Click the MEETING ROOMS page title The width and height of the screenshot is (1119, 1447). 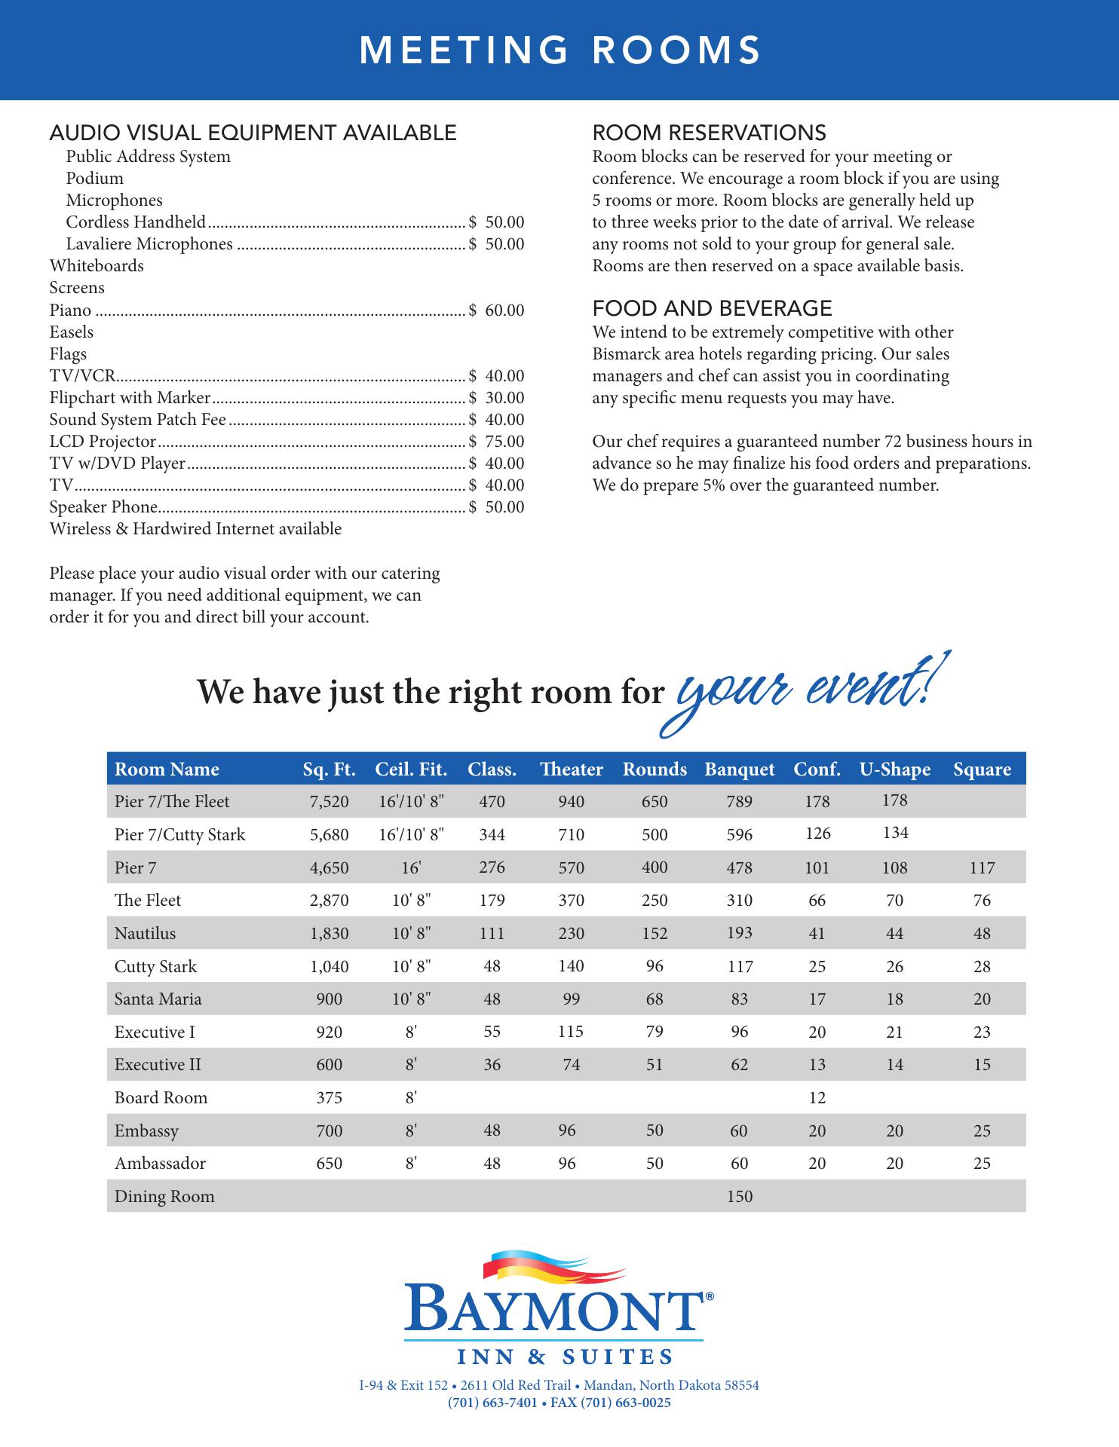(559, 51)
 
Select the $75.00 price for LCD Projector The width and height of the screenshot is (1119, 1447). (496, 442)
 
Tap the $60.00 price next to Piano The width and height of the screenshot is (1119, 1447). (496, 311)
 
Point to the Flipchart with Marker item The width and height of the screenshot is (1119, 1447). (130, 398)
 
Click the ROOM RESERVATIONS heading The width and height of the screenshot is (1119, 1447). (709, 133)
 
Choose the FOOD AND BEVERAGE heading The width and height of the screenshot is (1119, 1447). (712, 308)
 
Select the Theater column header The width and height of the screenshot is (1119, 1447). (571, 769)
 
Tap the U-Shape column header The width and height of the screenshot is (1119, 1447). (894, 769)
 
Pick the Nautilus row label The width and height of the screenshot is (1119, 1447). (145, 934)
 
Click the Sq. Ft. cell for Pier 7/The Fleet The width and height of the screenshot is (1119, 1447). (330, 802)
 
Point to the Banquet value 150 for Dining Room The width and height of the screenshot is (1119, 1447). (740, 1197)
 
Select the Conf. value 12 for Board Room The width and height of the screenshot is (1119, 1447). (817, 1098)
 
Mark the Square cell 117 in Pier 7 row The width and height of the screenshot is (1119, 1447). (982, 868)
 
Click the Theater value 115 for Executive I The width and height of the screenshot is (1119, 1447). (571, 1032)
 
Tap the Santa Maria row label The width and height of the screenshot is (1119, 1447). (158, 999)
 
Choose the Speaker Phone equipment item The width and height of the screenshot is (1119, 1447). (103, 507)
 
